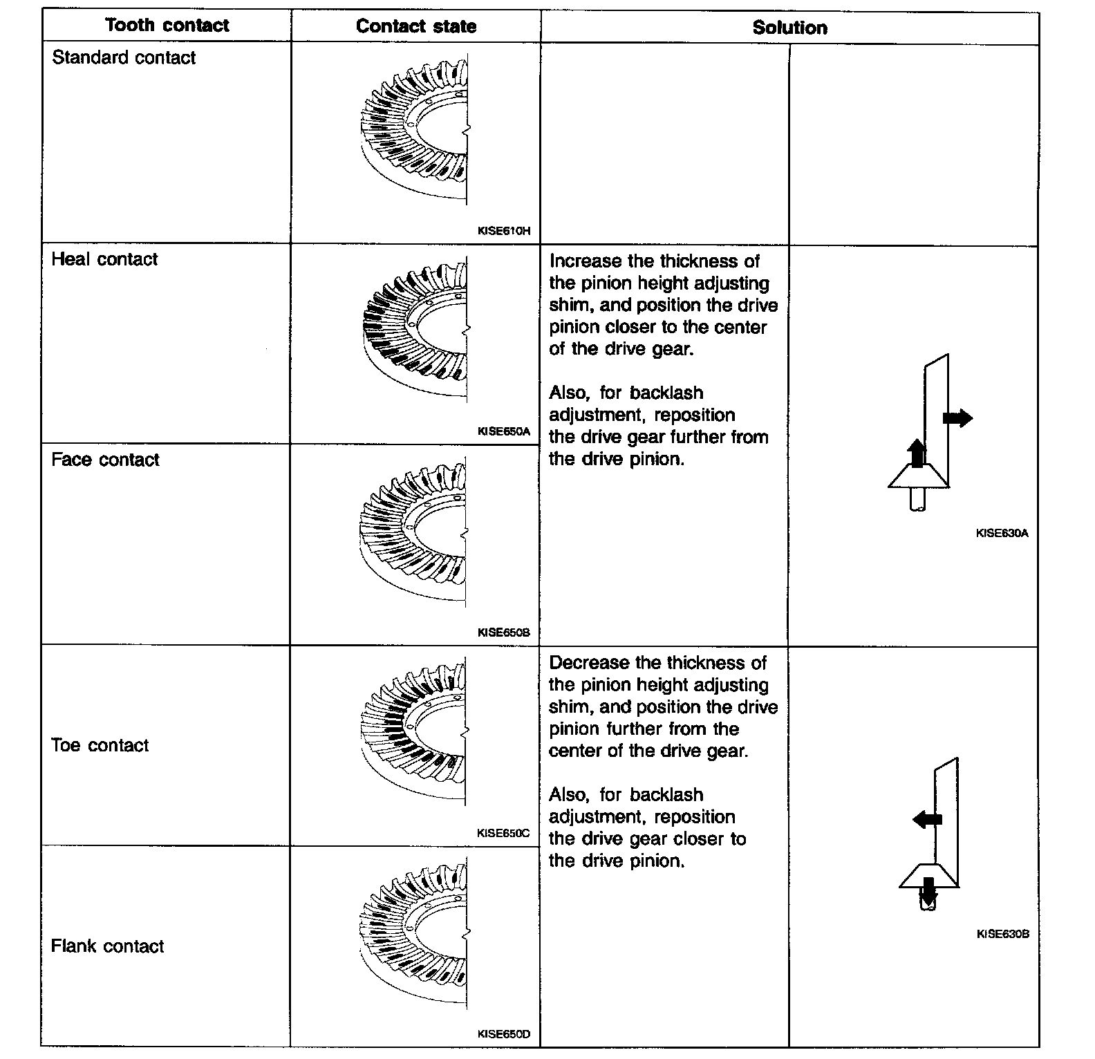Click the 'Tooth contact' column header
coord(167,26)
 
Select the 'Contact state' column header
coord(416,27)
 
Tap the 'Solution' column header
coord(789,28)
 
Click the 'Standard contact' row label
coord(124,57)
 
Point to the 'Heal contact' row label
coord(104,259)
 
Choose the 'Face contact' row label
coord(105,460)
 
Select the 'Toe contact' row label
coord(100,745)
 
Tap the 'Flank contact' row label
coord(107,946)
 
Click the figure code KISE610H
coord(504,231)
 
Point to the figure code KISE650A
coord(504,431)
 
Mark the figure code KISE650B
coord(504,632)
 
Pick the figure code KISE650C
coord(503,833)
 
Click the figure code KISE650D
coord(504,1034)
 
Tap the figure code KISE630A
coord(1002,533)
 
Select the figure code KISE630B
coord(1003,934)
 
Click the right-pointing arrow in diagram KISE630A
coord(957,418)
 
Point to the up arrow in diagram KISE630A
coord(917,453)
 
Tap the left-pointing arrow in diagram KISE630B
coord(927,819)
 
